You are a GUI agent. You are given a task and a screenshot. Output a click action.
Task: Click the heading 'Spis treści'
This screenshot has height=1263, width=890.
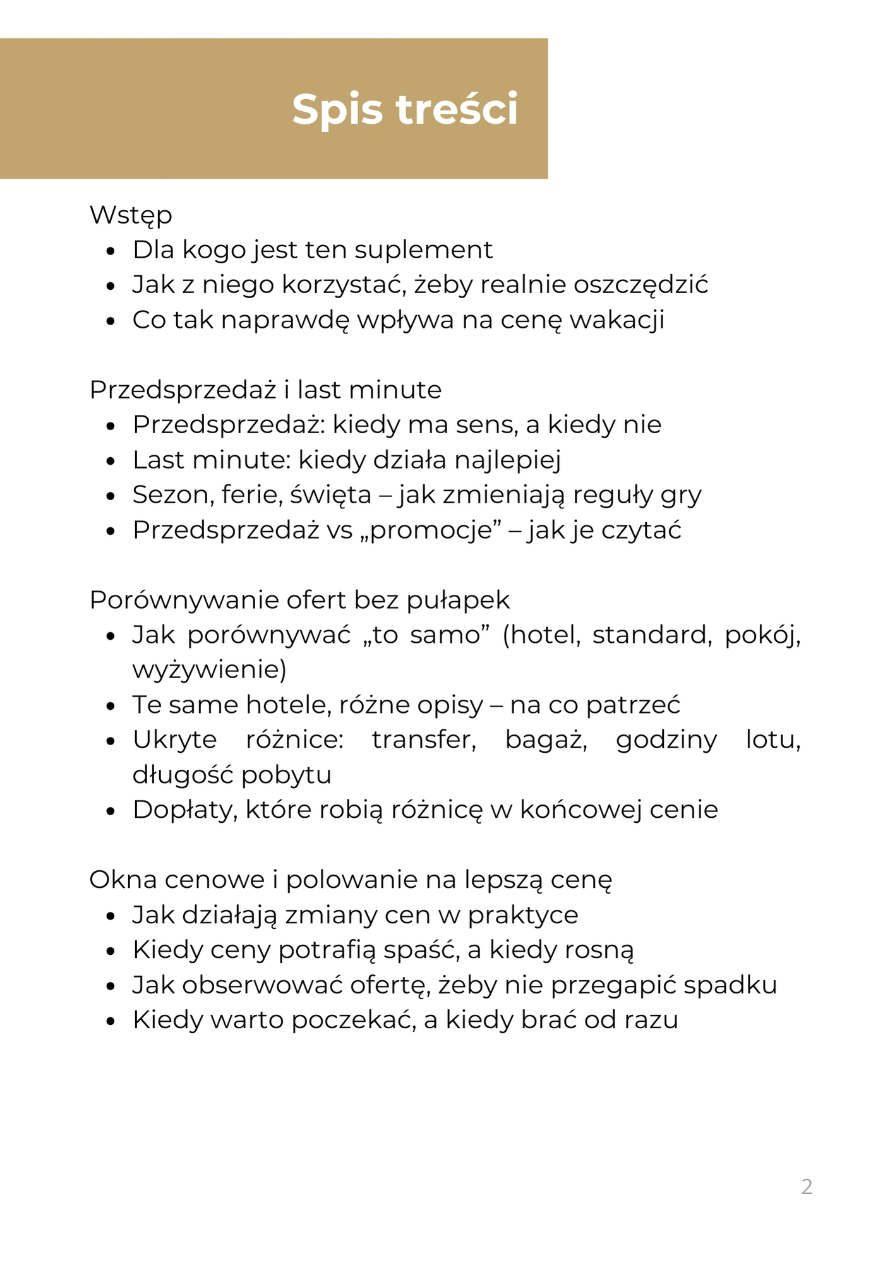[405, 109]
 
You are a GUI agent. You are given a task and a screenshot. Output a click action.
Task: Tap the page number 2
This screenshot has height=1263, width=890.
[807, 1187]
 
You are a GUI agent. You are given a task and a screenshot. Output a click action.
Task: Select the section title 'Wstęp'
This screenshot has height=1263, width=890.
[131, 215]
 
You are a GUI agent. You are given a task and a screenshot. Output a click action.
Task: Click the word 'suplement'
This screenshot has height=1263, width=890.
[423, 250]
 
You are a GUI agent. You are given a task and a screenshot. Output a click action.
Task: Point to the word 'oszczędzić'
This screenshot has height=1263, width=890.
[640, 285]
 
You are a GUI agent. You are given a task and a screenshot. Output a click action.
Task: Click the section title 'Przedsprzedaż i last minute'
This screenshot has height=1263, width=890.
[265, 390]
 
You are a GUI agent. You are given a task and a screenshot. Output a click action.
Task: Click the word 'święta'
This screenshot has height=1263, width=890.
[330, 494]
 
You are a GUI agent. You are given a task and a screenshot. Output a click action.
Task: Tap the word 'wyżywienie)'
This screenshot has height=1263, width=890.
[209, 669]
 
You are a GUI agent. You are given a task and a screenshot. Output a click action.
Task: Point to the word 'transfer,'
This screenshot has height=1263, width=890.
[424, 739]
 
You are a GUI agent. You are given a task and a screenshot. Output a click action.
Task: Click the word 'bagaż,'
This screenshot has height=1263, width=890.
[546, 739]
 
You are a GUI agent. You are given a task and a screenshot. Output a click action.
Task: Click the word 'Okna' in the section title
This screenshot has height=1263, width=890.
[121, 880]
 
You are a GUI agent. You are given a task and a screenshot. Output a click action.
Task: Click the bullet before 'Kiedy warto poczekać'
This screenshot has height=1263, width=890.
[111, 1021]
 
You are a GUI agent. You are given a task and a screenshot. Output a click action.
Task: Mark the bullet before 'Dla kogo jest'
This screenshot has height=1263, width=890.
[111, 251]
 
